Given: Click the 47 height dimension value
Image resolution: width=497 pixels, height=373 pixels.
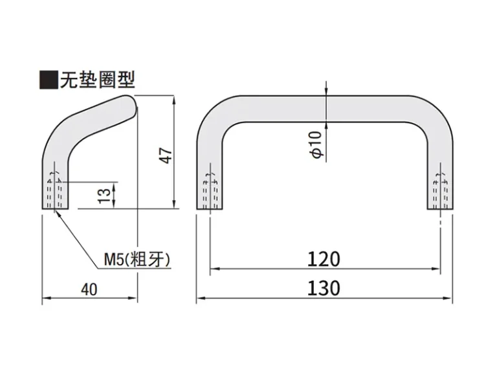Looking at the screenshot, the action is tap(167, 155).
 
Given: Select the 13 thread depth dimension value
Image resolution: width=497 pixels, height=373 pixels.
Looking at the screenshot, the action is tap(104, 196).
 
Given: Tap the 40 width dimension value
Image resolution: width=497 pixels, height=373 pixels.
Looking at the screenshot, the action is tap(89, 289).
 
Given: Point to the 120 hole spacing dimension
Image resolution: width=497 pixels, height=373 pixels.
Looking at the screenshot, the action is tap(324, 259).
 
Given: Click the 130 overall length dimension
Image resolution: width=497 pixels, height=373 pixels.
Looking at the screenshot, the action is tap(324, 288).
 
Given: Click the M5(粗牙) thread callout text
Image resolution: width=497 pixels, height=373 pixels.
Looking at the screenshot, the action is tap(137, 260).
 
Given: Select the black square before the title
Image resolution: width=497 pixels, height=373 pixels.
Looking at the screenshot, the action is tap(49, 80).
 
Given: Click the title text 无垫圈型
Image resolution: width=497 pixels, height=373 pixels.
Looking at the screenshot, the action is tap(98, 80).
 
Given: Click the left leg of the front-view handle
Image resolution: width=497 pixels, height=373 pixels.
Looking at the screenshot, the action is tap(210, 177).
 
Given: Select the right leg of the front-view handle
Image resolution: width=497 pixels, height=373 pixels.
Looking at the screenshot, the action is tap(440, 177).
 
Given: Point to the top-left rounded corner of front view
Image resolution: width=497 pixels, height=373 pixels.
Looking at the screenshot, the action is tap(215, 115).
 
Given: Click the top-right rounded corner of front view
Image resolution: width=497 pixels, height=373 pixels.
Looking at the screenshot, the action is tap(434, 115).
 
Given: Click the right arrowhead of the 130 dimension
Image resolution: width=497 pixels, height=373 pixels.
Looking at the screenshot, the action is tap(448, 298).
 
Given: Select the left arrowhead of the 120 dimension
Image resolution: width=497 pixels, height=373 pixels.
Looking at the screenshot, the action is tap(215, 269).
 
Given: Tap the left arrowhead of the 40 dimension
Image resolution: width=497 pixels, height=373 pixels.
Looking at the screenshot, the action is tap(47, 298).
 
